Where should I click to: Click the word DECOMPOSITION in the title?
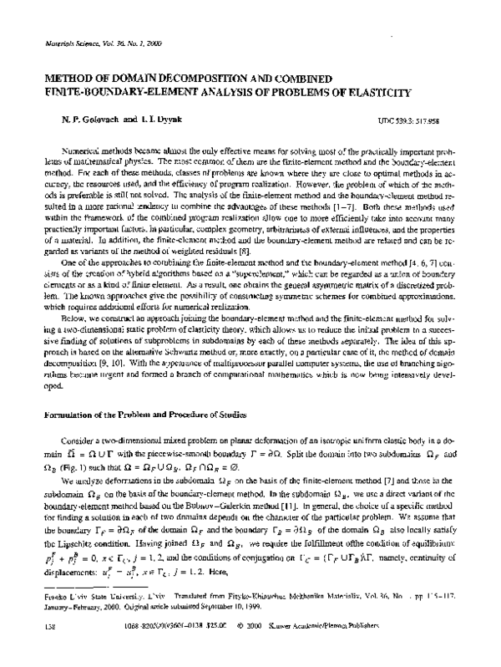[x=195, y=72]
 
